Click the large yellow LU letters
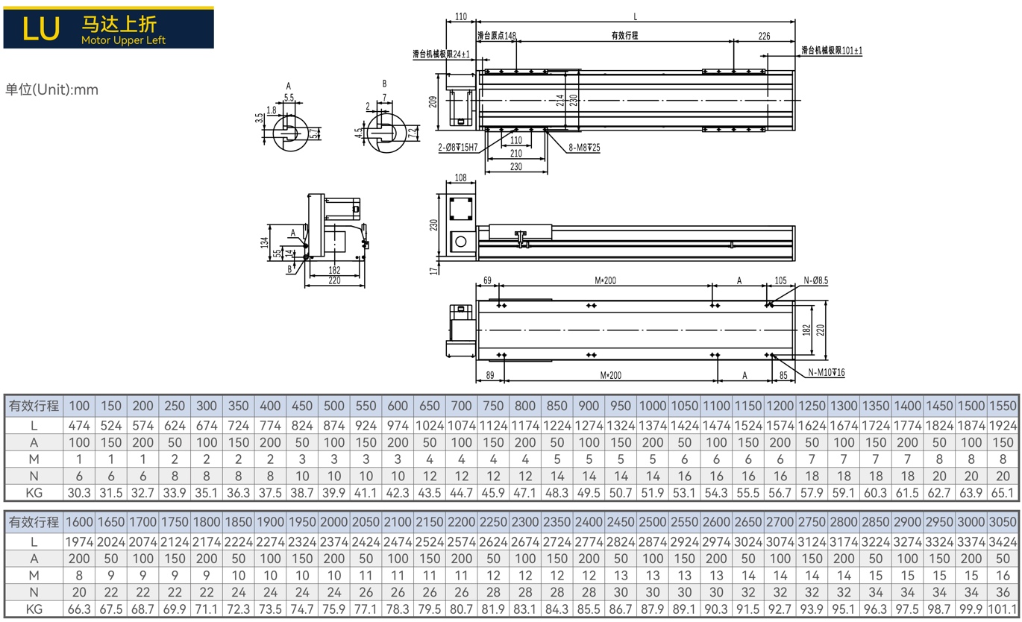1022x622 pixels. [x=41, y=28]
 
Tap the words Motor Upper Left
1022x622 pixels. [x=123, y=40]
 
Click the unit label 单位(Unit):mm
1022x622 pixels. [x=51, y=89]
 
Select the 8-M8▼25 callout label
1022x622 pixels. [x=584, y=147]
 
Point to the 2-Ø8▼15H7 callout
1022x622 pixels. [x=457, y=147]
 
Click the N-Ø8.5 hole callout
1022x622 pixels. [x=815, y=280]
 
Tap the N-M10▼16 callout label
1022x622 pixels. [x=827, y=373]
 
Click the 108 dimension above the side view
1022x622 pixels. [x=461, y=178]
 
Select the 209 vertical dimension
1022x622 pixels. [x=433, y=101]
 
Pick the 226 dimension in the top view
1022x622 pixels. [x=764, y=36]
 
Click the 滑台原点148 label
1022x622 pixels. [x=496, y=36]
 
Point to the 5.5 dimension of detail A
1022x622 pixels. [x=289, y=97]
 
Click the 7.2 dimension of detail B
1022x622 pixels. [x=413, y=133]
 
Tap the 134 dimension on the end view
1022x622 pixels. [x=265, y=242]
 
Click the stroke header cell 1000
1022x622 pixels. [x=653, y=406]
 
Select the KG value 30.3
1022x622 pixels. [x=79, y=493]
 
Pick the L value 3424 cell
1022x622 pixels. [x=1003, y=542]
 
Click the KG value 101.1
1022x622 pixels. [x=1003, y=609]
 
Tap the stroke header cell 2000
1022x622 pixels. [x=334, y=522]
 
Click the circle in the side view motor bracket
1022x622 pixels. [x=461, y=242]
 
